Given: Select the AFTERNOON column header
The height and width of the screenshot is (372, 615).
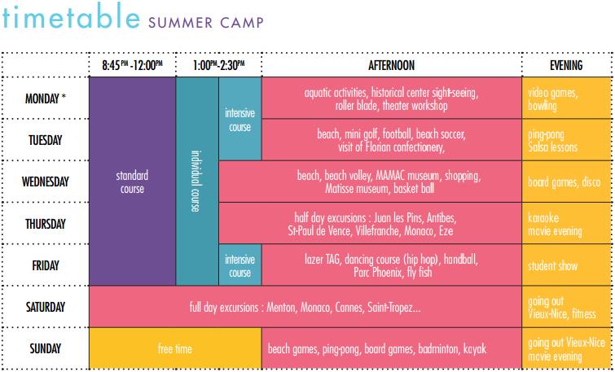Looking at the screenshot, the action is click(391, 65).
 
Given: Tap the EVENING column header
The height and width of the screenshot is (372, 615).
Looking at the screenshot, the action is click(566, 65).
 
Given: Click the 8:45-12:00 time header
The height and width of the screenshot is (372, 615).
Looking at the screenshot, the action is click(132, 65).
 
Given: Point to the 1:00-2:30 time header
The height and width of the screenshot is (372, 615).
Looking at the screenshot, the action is click(218, 65).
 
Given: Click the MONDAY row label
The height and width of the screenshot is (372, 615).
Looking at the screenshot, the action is click(45, 98).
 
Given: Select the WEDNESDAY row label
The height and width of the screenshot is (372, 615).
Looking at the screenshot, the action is click(45, 182).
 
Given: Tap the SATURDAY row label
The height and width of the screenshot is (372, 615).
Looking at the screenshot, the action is click(45, 307).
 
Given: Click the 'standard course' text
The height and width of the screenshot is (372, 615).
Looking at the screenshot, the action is click(132, 182).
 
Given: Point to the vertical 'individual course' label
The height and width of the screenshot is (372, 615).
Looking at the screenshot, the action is click(195, 181).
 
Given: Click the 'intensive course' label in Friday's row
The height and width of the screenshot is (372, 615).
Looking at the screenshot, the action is click(239, 265).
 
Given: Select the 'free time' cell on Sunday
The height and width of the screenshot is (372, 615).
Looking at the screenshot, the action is click(175, 348).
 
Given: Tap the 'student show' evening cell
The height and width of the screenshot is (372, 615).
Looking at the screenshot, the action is click(552, 265).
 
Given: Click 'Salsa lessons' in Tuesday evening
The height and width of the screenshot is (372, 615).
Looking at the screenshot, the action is click(552, 147).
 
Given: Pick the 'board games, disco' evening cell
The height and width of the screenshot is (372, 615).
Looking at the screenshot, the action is click(564, 182).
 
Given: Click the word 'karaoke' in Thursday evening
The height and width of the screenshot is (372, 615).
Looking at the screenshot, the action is click(543, 218).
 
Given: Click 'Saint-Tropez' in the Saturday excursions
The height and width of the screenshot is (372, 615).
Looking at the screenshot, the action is click(393, 308).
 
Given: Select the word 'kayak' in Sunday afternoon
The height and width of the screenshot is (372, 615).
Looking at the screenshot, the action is click(475, 349).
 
